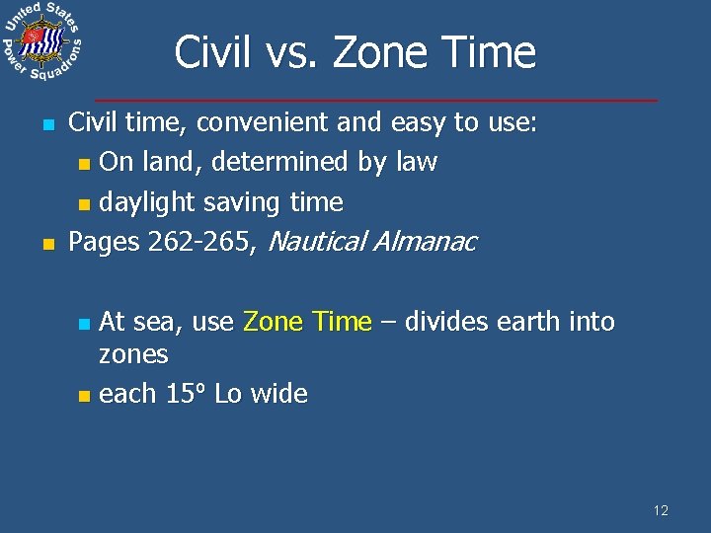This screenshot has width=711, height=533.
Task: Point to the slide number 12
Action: [661, 510]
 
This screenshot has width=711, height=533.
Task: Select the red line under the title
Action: [375, 101]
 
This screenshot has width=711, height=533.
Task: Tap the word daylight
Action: [148, 202]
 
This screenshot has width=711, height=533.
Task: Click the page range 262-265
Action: [202, 242]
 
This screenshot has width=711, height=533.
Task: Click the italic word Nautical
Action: [317, 242]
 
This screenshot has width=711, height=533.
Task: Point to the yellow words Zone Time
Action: [307, 322]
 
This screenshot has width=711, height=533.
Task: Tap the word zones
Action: [134, 354]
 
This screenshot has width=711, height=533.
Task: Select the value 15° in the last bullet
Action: [186, 394]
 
